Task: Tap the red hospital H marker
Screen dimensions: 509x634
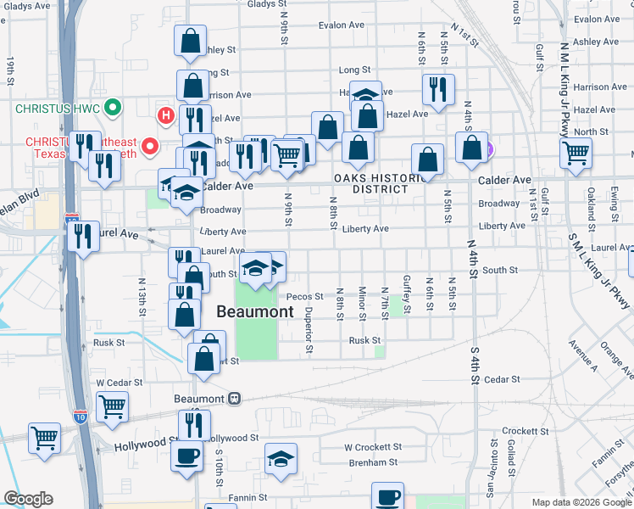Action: tap(165, 115)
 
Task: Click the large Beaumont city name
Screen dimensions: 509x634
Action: tap(255, 311)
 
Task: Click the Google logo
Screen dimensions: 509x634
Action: tap(28, 500)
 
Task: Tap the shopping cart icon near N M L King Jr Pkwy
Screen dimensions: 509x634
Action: tap(576, 154)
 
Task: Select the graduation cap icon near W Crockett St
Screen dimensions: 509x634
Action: tap(281, 459)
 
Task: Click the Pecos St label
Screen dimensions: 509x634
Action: tap(305, 297)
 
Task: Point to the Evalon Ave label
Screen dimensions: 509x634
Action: tap(342, 25)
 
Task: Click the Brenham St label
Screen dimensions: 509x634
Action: tap(374, 463)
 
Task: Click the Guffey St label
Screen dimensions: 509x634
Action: tap(408, 299)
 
